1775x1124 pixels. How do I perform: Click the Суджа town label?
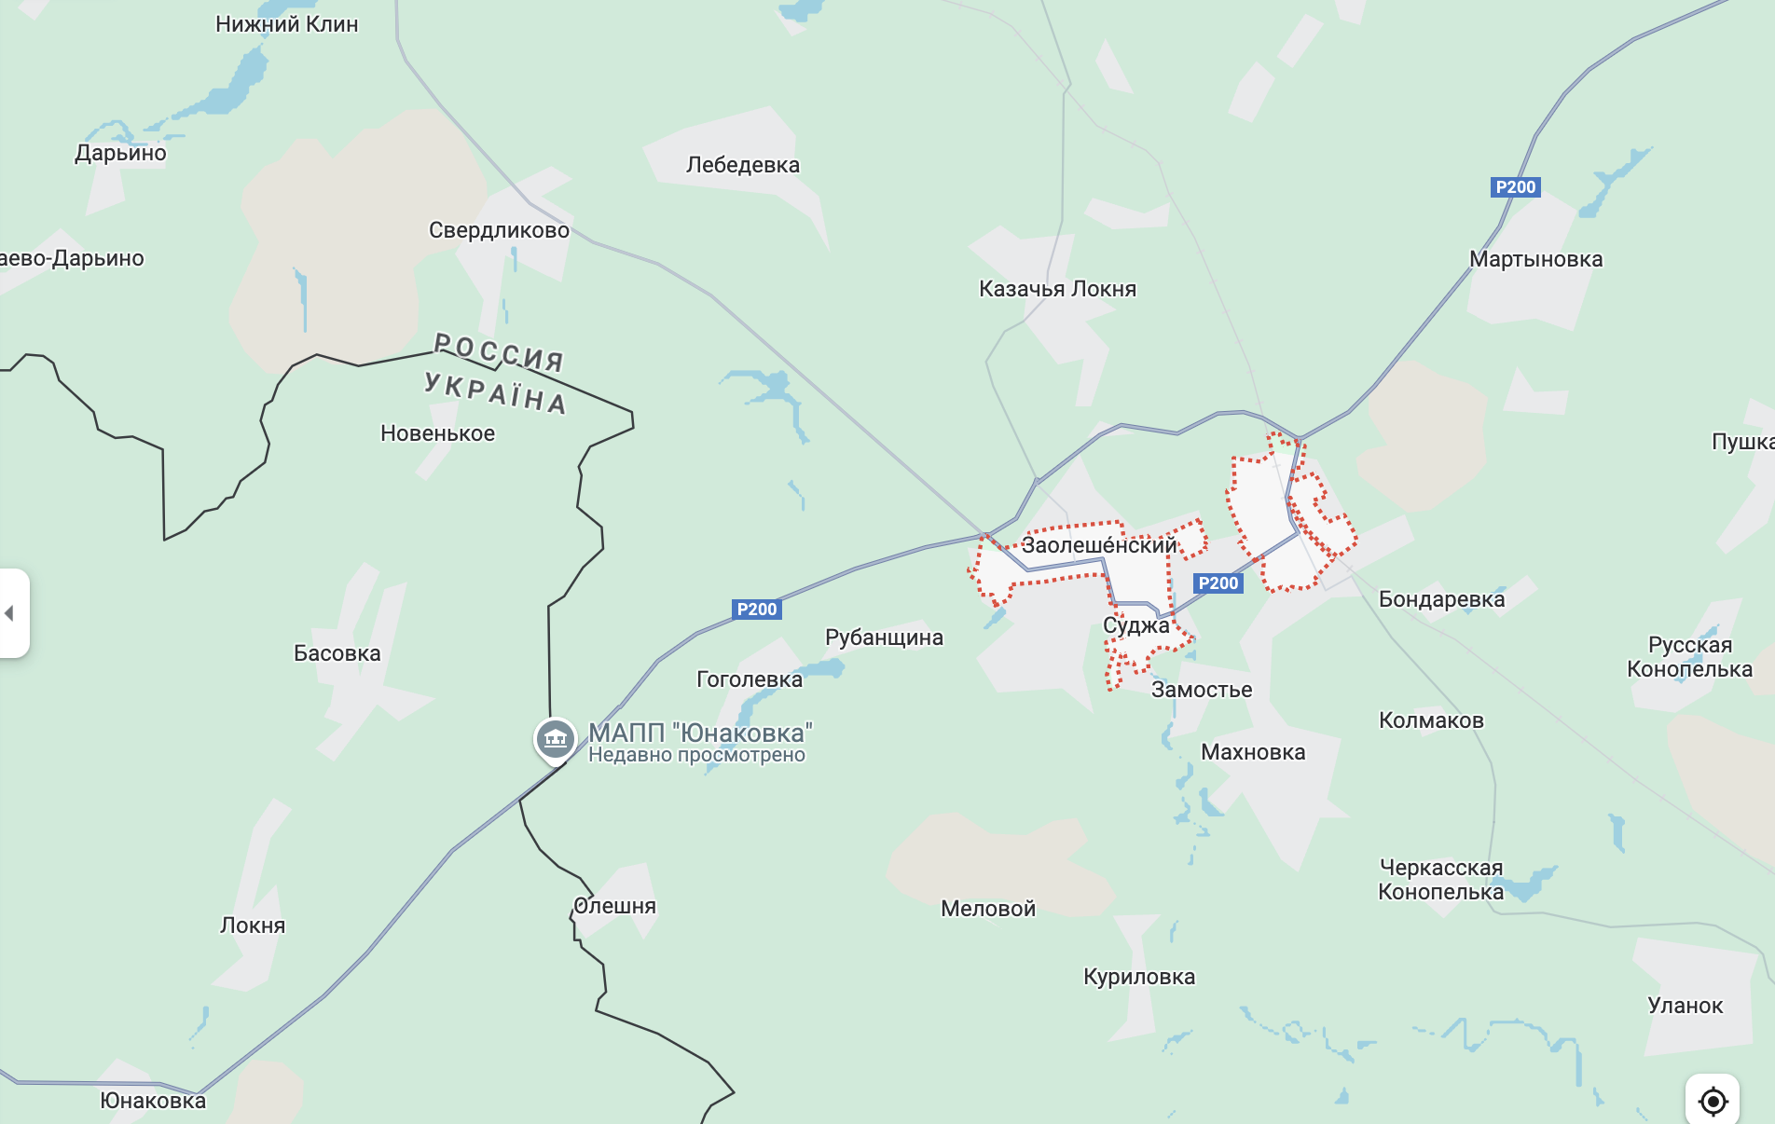pyautogui.click(x=1135, y=625)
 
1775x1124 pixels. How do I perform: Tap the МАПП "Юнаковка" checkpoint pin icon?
pyautogui.click(x=555, y=739)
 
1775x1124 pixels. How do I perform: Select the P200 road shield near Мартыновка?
pyautogui.click(x=1515, y=187)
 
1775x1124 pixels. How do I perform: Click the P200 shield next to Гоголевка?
pyautogui.click(x=756, y=610)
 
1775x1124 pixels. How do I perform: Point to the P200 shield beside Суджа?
pyautogui.click(x=1218, y=583)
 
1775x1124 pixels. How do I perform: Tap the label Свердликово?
pyautogui.click(x=499, y=230)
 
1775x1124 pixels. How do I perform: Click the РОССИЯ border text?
pyautogui.click(x=500, y=353)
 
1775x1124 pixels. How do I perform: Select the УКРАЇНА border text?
pyautogui.click(x=495, y=392)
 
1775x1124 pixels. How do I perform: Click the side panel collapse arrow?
pyautogui.click(x=10, y=613)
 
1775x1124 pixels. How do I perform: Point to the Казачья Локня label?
pyautogui.click(x=1057, y=289)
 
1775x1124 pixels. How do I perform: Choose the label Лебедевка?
pyautogui.click(x=742, y=165)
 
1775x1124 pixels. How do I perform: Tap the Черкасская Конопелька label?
pyautogui.click(x=1440, y=880)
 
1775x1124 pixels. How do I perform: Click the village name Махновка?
pyautogui.click(x=1252, y=752)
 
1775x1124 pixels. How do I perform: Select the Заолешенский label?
pyautogui.click(x=1098, y=545)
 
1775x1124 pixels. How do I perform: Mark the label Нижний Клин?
pyautogui.click(x=286, y=24)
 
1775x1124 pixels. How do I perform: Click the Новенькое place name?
pyautogui.click(x=437, y=433)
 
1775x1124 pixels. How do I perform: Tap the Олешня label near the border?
pyautogui.click(x=614, y=906)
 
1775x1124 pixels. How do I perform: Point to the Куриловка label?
pyautogui.click(x=1138, y=977)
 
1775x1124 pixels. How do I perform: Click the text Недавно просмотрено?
pyautogui.click(x=696, y=755)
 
